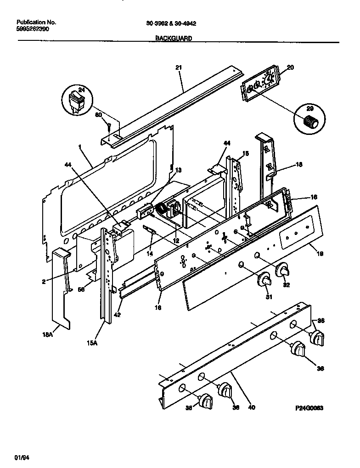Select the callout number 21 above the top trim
[179, 67]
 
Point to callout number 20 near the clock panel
[290, 67]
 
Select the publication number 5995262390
[33, 28]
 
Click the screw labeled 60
[109, 126]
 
